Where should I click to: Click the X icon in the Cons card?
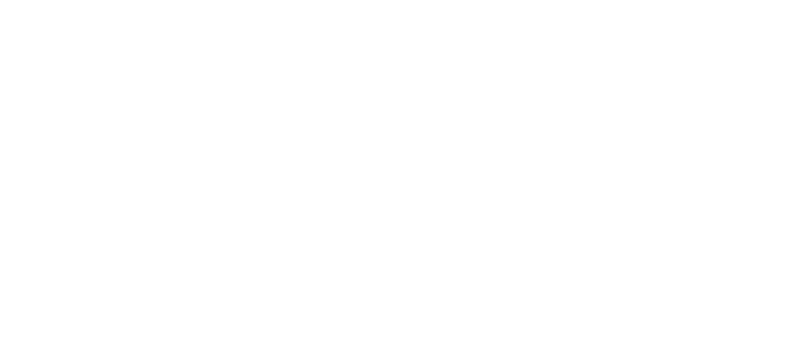coord(701,140)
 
